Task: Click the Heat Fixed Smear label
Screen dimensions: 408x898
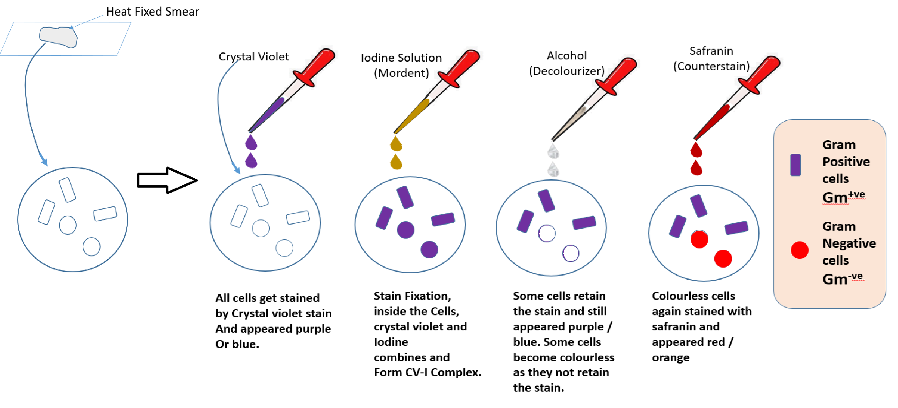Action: tap(152, 12)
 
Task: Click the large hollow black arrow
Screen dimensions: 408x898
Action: tap(167, 180)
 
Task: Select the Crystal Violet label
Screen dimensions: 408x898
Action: tap(253, 57)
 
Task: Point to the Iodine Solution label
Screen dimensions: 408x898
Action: tap(401, 58)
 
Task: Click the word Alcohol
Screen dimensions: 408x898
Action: tap(566, 56)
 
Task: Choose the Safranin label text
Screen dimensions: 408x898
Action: tap(711, 51)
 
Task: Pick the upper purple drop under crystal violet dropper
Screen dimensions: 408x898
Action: tap(251, 143)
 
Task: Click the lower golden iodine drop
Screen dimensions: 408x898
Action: tap(396, 162)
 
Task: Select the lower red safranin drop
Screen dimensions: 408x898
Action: tap(696, 168)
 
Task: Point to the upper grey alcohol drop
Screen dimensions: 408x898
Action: tap(553, 152)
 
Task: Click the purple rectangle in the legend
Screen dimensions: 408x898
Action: tap(796, 165)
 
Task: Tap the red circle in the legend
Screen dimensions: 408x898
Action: tap(800, 250)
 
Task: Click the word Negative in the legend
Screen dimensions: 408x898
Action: tap(849, 243)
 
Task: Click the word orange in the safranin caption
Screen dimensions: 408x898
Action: tap(671, 357)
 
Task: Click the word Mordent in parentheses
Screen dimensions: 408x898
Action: tap(401, 73)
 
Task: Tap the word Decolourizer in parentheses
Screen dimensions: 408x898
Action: tap(567, 71)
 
